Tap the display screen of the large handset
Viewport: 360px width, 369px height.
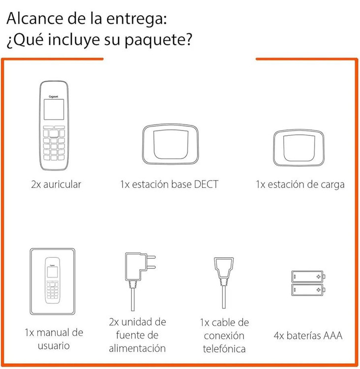pyautogui.click(x=54, y=109)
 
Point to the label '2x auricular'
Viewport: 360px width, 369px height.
pyautogui.click(x=56, y=185)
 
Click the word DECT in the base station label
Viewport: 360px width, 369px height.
pyautogui.click(x=206, y=185)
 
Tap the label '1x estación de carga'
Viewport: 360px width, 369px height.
pyautogui.click(x=300, y=185)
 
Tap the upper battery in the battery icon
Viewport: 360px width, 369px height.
pyautogui.click(x=307, y=277)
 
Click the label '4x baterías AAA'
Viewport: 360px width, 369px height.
pyautogui.click(x=308, y=337)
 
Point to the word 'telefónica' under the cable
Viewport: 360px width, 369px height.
pyautogui.click(x=222, y=349)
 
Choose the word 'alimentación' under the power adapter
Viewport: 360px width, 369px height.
pyautogui.click(x=138, y=349)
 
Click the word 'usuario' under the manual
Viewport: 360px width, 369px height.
pyautogui.click(x=54, y=346)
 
